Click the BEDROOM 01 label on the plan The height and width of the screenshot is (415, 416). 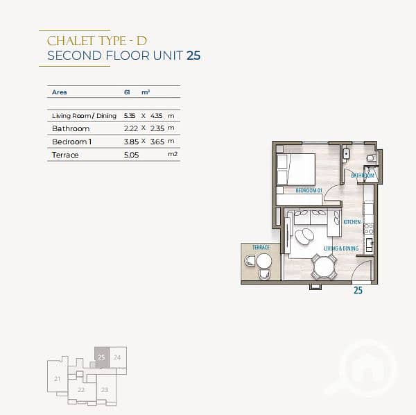click(x=309, y=190)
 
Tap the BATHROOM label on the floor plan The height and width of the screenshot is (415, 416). click(x=363, y=176)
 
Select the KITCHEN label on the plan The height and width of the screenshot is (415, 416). click(x=352, y=221)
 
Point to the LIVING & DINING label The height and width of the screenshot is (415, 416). click(x=341, y=248)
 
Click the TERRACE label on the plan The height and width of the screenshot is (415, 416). click(x=261, y=248)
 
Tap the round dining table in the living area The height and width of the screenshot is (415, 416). click(x=324, y=266)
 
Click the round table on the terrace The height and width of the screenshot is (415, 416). click(x=264, y=261)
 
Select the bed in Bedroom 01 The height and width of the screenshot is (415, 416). click(x=296, y=169)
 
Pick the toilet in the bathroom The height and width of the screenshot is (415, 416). click(x=371, y=158)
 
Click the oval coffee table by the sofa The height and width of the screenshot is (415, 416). click(x=304, y=237)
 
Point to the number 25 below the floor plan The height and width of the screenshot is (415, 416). click(x=358, y=290)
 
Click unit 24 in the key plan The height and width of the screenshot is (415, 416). click(x=118, y=357)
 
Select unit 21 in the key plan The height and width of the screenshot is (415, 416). click(x=58, y=378)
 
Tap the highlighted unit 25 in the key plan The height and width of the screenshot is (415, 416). click(x=102, y=357)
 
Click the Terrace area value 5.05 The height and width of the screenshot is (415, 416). click(x=131, y=155)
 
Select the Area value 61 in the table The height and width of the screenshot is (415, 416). click(x=127, y=92)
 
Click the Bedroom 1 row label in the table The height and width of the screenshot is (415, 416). click(x=71, y=142)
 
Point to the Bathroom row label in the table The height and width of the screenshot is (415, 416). click(x=71, y=128)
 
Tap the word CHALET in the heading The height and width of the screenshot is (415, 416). click(x=70, y=41)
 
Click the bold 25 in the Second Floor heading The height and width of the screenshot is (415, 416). click(x=193, y=56)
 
